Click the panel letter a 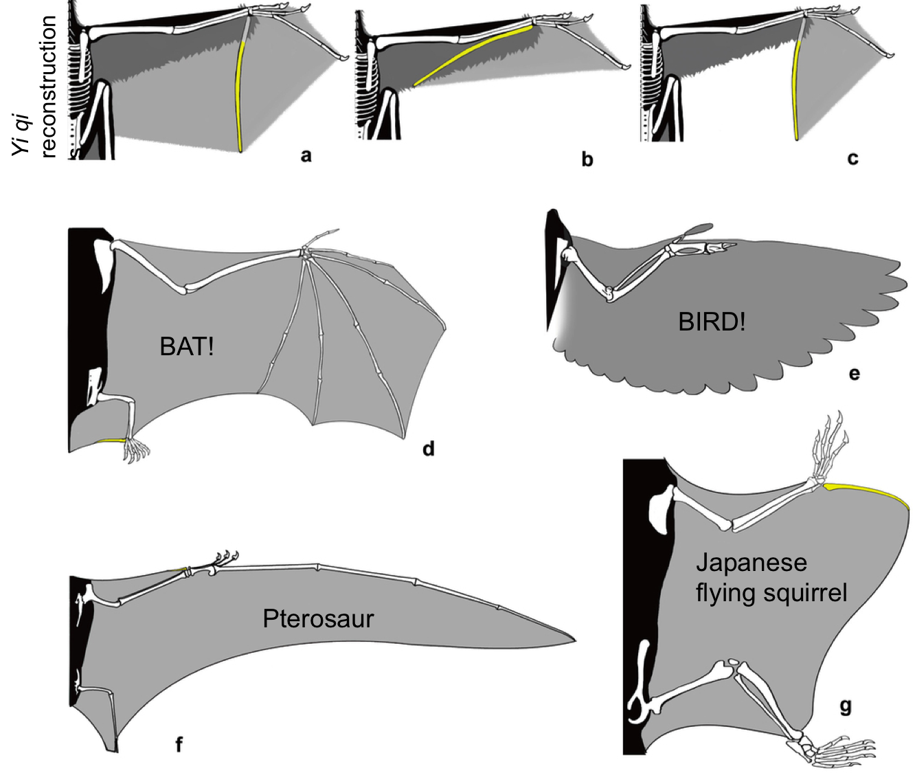306,156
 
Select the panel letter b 587,160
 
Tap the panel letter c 852,159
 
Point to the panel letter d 429,449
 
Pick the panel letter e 854,374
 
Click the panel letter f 179,744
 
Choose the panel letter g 846,706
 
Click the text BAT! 187,347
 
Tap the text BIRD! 711,322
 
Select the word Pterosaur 318,619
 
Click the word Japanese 751,563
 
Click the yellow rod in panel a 239,96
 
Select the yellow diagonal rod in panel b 474,54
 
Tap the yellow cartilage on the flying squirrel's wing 869,492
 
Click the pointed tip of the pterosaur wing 573,640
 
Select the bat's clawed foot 136,450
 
